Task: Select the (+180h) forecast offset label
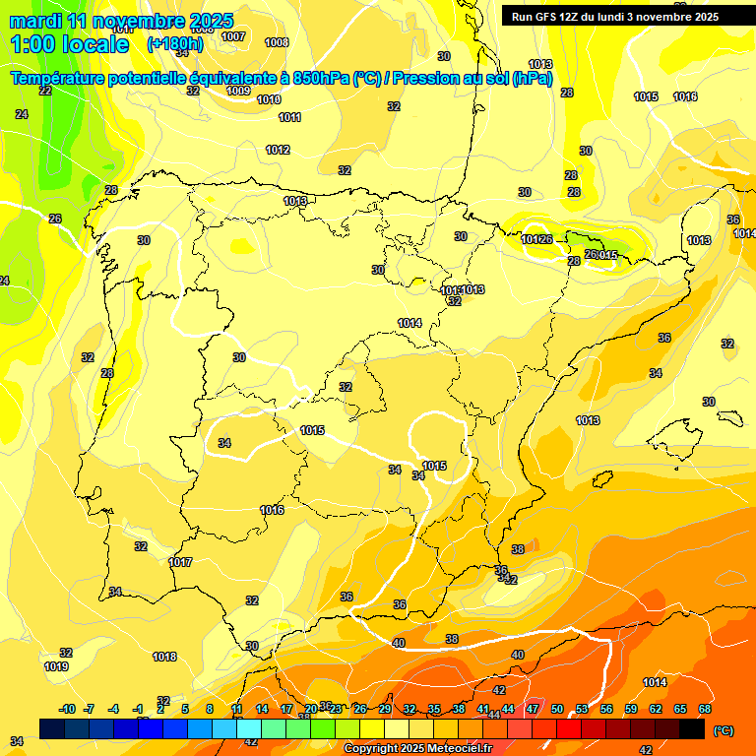click(174, 43)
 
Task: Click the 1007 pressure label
click(233, 36)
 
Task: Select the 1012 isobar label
click(278, 150)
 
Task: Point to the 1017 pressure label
click(180, 562)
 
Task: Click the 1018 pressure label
click(164, 657)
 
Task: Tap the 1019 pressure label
click(56, 666)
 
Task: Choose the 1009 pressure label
click(238, 91)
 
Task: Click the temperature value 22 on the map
click(45, 91)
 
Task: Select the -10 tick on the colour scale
click(68, 709)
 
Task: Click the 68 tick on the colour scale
click(705, 709)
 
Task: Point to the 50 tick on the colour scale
click(557, 709)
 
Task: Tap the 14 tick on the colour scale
click(262, 709)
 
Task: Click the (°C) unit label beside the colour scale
click(723, 729)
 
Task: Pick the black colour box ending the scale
click(692, 728)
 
